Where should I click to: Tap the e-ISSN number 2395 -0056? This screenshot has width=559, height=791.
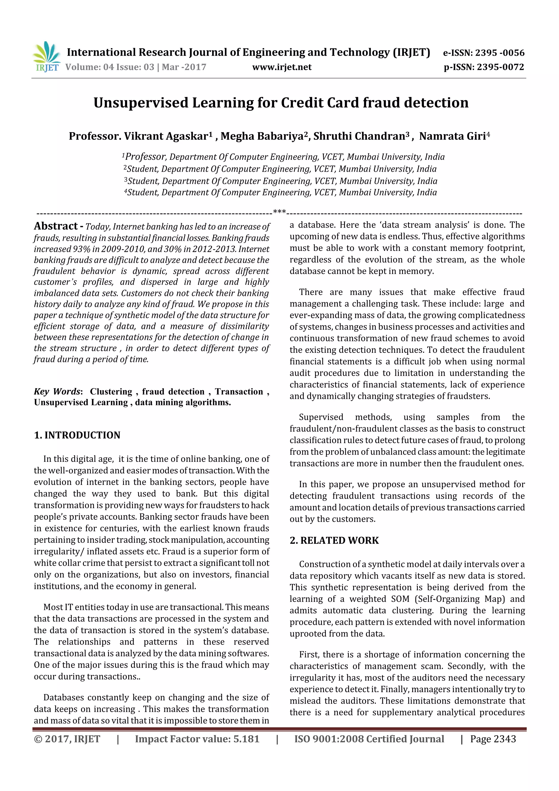tap(499, 53)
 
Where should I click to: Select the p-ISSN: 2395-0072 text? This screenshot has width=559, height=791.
tap(484, 67)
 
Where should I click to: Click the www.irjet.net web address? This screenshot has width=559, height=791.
tap(282, 67)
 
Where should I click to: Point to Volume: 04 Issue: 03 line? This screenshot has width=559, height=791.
tap(136, 67)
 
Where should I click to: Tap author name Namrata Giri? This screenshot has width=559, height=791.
tap(454, 136)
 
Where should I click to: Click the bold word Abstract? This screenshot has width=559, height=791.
tap(56, 226)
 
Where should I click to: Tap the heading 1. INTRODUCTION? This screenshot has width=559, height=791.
tap(77, 435)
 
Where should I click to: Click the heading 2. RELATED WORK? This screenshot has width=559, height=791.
tap(334, 540)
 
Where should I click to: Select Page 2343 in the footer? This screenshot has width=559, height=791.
tap(493, 739)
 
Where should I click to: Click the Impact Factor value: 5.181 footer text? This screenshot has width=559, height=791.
tap(197, 739)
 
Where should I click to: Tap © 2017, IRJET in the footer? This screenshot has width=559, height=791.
tap(67, 739)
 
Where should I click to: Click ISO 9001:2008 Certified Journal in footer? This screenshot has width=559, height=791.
tap(369, 739)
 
